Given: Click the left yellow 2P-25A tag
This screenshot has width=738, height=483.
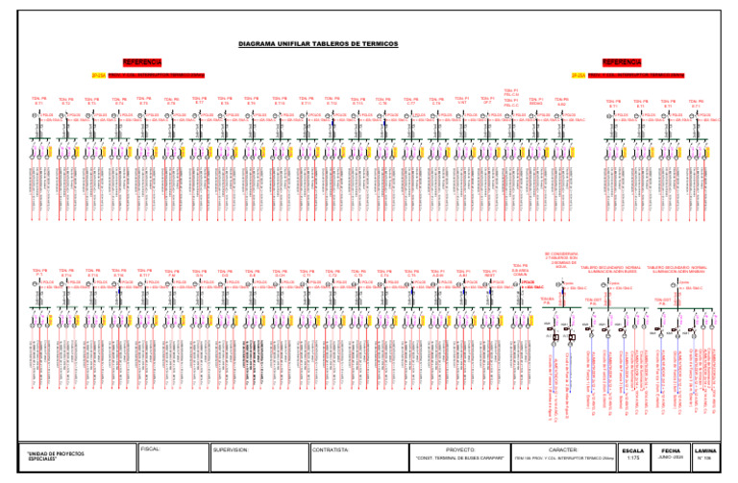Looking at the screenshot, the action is (x=97, y=74).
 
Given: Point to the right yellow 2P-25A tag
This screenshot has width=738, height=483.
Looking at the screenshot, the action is (x=578, y=74).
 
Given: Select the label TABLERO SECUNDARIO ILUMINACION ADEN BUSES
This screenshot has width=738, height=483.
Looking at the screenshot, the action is (x=611, y=270).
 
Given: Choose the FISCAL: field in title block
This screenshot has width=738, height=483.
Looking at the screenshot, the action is (x=150, y=447).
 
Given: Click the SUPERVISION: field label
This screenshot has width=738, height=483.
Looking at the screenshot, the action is (x=231, y=448).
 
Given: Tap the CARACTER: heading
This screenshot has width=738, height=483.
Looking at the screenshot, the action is (x=560, y=448).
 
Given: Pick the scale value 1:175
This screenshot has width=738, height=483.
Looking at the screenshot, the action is (x=633, y=459).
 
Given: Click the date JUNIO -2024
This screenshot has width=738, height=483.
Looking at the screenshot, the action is (x=671, y=459).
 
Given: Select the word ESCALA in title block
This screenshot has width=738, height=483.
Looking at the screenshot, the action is (x=633, y=448).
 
